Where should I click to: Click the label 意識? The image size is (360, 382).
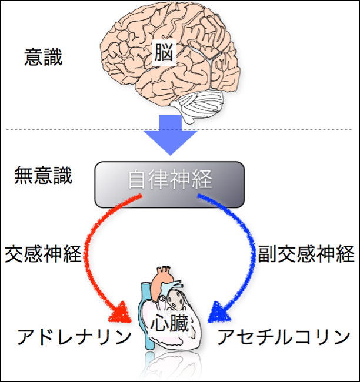click(43, 57)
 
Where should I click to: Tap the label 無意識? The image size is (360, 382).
click(44, 176)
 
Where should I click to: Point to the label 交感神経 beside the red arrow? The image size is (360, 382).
click(43, 254)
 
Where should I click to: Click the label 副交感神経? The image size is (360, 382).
click(306, 254)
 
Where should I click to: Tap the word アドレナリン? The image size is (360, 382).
click(74, 337)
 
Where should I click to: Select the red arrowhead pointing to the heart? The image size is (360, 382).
click(122, 310)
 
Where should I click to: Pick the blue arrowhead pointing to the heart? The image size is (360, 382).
click(220, 310)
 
